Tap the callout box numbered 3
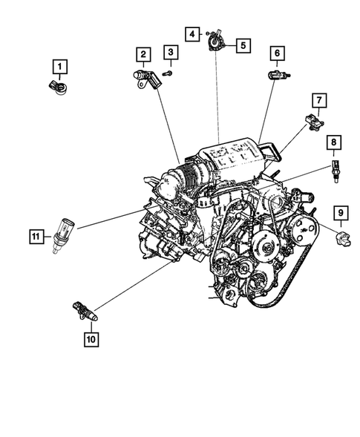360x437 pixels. tap(171, 52)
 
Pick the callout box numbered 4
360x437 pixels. tap(192, 34)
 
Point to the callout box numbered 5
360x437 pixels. tap(242, 45)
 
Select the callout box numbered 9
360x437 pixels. tap(341, 214)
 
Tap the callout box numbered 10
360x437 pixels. tap(91, 340)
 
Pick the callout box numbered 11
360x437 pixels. tap(35, 237)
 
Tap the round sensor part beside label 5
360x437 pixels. tap(216, 42)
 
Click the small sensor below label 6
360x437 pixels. tap(275, 75)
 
